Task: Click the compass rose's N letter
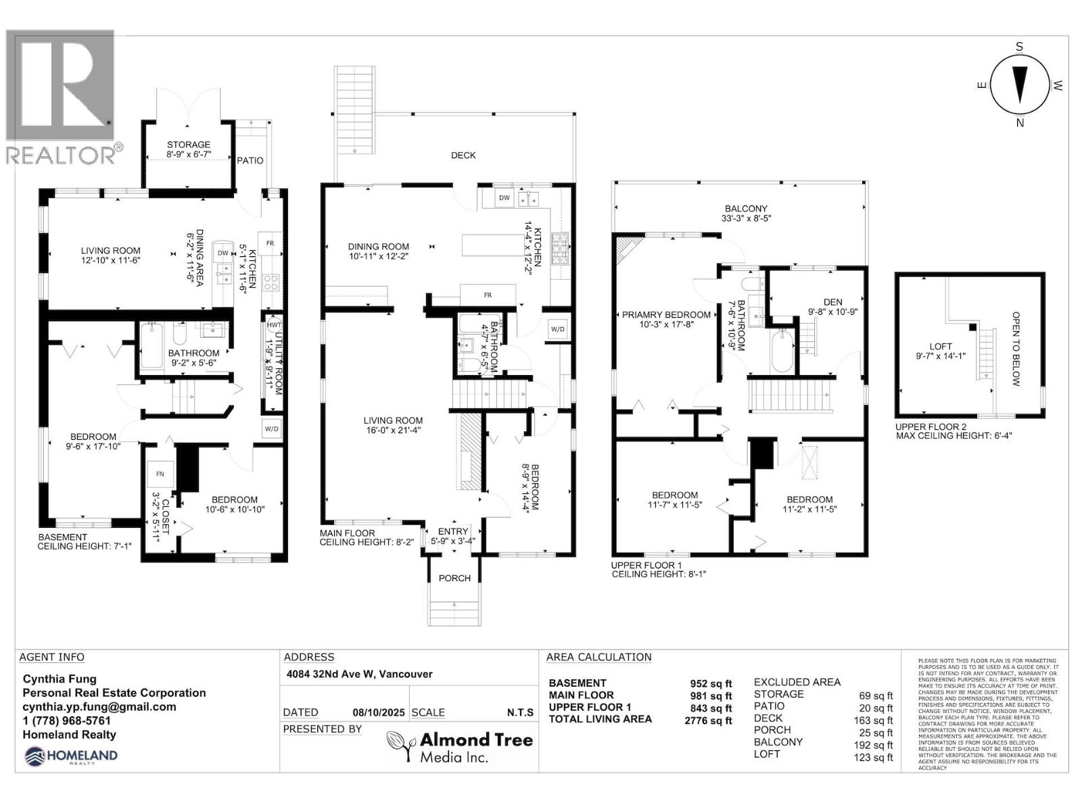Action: coord(1020,123)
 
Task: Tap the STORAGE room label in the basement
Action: coord(189,145)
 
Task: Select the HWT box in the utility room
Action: coord(274,325)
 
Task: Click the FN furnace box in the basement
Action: coord(160,474)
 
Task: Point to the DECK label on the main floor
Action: coord(463,155)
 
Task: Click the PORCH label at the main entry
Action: coord(454,578)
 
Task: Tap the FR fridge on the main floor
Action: coord(488,295)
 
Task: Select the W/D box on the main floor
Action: coord(559,330)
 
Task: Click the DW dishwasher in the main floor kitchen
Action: coord(504,198)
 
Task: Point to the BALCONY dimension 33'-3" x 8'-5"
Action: coord(746,219)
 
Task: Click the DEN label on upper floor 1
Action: coord(833,302)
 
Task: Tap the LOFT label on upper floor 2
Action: coord(941,347)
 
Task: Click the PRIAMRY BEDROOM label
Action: coord(666,314)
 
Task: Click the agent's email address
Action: coord(99,707)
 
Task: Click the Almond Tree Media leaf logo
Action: coord(400,747)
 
